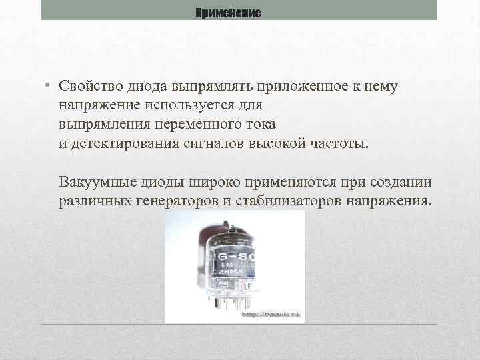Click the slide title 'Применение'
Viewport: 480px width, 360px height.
[229, 13]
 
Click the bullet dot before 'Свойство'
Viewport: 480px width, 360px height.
[48, 86]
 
